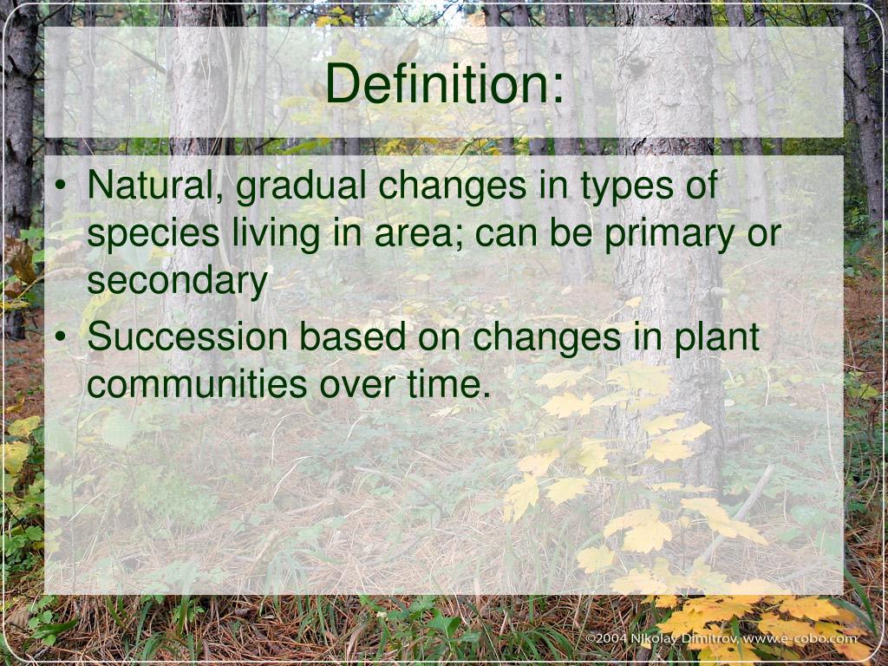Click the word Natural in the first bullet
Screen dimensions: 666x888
pyautogui.click(x=153, y=186)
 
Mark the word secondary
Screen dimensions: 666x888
pyautogui.click(x=177, y=282)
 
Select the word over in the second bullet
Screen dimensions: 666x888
pyautogui.click(x=357, y=384)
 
